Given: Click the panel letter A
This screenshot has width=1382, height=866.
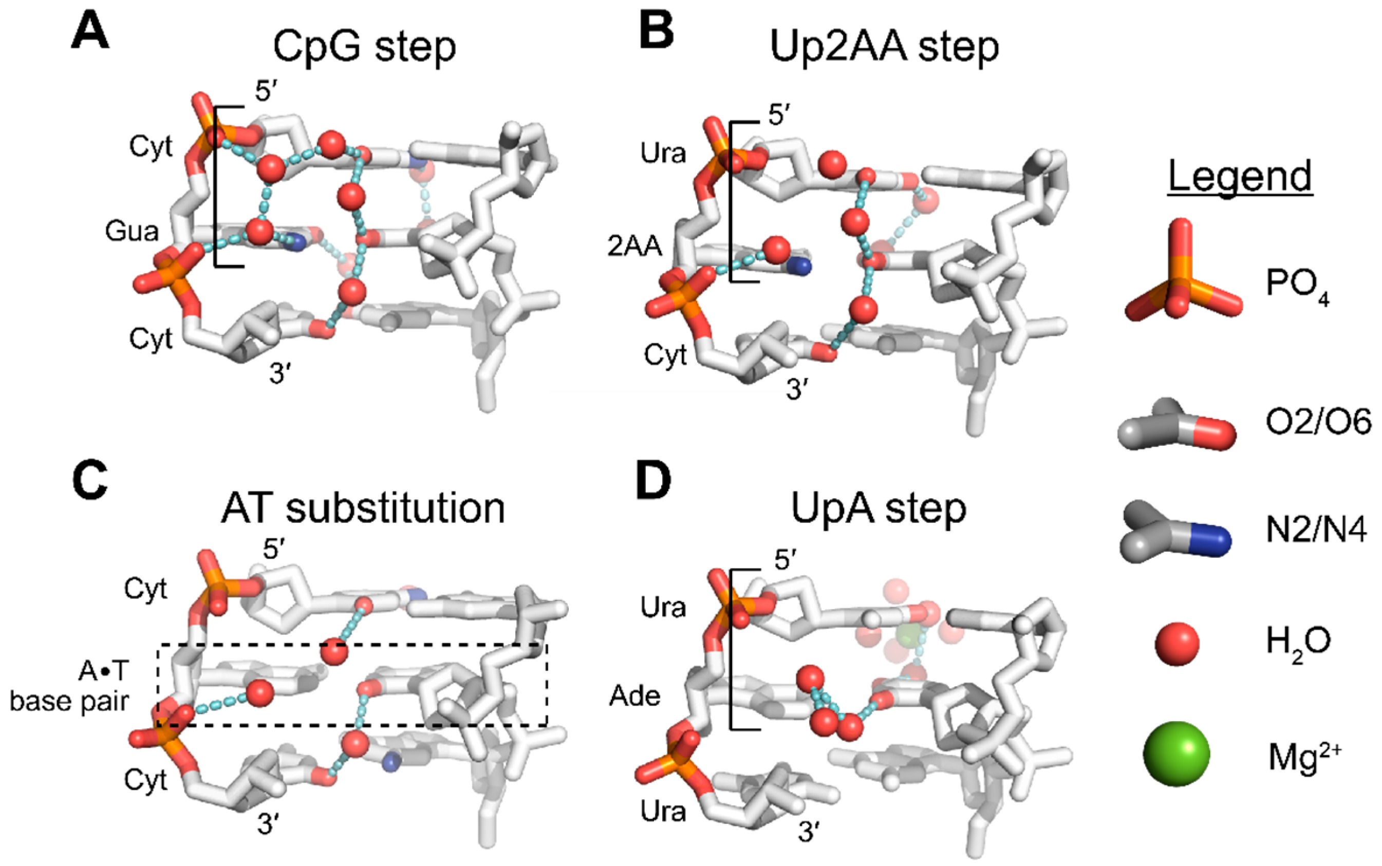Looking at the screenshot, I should click(90, 33).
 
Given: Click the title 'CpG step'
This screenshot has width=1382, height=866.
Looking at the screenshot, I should click(364, 47).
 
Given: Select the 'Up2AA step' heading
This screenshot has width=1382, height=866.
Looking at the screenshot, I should click(884, 47).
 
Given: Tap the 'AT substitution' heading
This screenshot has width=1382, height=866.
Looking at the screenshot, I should click(363, 509).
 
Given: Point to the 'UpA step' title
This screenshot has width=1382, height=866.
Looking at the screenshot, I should click(879, 509).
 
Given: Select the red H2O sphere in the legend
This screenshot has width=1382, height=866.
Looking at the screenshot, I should click(1177, 644).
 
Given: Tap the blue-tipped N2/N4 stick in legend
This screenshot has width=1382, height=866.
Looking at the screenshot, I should click(1175, 531).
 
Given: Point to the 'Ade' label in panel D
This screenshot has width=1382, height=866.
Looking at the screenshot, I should click(634, 696).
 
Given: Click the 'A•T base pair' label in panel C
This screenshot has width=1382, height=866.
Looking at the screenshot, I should click(70, 686).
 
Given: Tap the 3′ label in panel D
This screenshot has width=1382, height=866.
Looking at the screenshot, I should click(809, 832).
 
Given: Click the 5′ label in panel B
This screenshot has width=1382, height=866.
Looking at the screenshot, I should click(779, 116).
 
